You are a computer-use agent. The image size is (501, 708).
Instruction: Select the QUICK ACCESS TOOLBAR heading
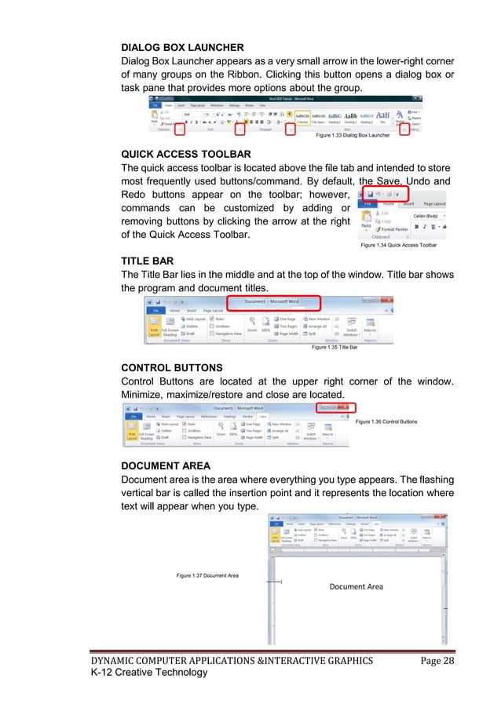click(x=185, y=153)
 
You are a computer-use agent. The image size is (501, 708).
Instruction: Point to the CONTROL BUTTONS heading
click(x=171, y=367)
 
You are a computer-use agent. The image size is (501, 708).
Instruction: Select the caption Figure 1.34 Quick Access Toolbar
click(x=398, y=246)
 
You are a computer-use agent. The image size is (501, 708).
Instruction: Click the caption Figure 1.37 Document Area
click(x=207, y=576)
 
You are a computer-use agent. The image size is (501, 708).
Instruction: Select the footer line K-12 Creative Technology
click(x=150, y=673)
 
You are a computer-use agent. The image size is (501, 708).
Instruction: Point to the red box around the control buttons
click(x=335, y=409)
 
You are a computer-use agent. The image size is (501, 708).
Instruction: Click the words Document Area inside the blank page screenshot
click(x=356, y=586)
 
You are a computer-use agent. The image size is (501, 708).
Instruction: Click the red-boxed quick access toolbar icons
click(x=384, y=193)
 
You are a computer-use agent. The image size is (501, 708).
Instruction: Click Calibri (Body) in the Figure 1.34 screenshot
click(x=428, y=215)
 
